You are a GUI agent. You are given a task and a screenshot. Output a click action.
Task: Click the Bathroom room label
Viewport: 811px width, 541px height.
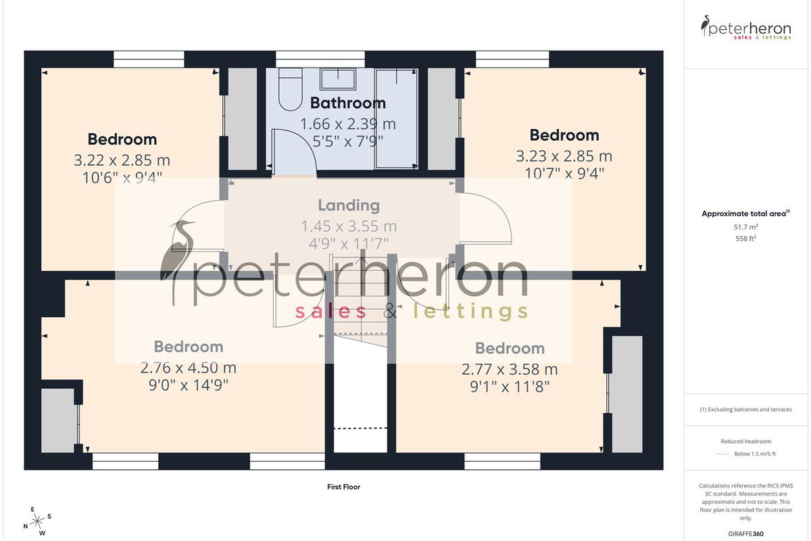[x=348, y=103]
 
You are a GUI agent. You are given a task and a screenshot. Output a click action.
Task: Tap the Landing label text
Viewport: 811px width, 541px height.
[x=349, y=206]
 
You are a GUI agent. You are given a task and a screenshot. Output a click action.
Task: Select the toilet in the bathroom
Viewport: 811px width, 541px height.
[x=291, y=89]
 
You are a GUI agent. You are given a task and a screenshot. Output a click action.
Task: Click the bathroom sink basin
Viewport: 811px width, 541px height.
[x=338, y=79]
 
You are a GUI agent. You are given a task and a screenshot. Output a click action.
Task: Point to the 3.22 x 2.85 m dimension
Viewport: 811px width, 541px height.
[x=122, y=160]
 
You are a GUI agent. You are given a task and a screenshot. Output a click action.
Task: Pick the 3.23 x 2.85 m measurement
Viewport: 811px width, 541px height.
[x=564, y=156]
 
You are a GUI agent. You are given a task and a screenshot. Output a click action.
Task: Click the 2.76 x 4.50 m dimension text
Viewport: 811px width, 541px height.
[x=189, y=368]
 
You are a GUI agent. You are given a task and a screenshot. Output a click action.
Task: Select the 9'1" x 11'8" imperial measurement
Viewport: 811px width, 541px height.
[x=510, y=387]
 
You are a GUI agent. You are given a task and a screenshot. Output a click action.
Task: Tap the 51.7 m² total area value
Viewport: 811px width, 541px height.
[x=746, y=227]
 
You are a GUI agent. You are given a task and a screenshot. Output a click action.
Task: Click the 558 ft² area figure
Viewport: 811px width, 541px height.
[x=746, y=239]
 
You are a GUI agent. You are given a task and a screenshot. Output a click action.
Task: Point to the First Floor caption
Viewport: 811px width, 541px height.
[x=343, y=487]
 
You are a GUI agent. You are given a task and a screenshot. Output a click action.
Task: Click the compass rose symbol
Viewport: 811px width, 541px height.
[x=37, y=522]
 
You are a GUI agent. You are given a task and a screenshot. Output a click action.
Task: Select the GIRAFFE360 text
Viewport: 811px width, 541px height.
[x=746, y=534]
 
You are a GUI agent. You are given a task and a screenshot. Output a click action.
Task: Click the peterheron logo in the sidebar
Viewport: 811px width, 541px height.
[x=746, y=28]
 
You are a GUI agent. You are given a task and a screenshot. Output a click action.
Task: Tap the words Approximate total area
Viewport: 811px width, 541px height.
[x=744, y=214]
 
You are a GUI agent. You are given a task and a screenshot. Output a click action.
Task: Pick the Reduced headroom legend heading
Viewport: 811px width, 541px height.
[x=746, y=442]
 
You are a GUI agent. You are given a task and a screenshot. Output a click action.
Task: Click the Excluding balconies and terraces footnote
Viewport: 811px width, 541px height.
[x=746, y=409]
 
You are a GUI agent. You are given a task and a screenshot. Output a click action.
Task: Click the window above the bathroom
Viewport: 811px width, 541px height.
[x=320, y=60]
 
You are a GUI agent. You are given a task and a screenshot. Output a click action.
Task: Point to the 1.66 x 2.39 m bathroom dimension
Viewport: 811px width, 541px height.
[x=348, y=124]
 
